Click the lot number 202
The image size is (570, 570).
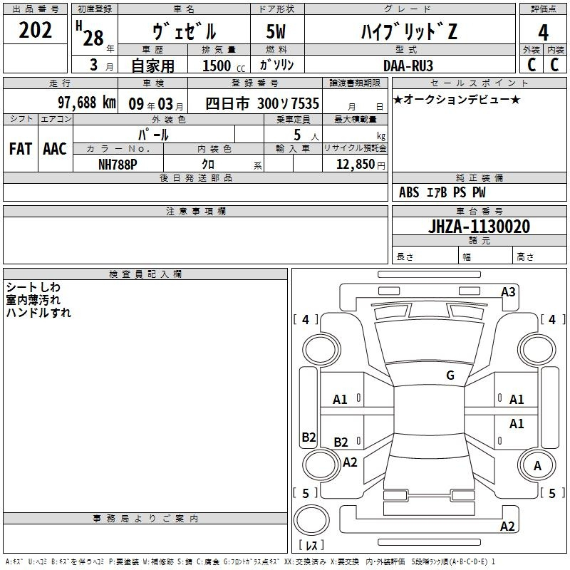(35, 30)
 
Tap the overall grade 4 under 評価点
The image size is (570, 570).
(543, 33)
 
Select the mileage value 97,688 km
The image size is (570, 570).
(87, 103)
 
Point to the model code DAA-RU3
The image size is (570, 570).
(408, 66)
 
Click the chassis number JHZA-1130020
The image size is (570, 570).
(479, 227)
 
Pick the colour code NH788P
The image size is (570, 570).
(118, 165)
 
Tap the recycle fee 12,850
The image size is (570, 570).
(356, 165)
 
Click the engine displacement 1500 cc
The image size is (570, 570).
(224, 66)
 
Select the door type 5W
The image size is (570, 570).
(276, 31)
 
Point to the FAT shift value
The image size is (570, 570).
(21, 149)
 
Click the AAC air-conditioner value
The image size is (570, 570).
(55, 149)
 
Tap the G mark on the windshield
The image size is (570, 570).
(450, 375)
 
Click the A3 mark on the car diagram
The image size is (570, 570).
(508, 292)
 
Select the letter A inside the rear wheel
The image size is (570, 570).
(537, 466)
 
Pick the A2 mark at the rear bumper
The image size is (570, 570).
(507, 526)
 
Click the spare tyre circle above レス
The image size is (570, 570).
(311, 520)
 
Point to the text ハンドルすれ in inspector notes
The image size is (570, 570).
(38, 313)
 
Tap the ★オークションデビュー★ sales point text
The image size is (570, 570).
(457, 100)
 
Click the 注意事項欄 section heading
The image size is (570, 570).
(196, 211)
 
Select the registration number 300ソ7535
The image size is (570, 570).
(289, 103)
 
